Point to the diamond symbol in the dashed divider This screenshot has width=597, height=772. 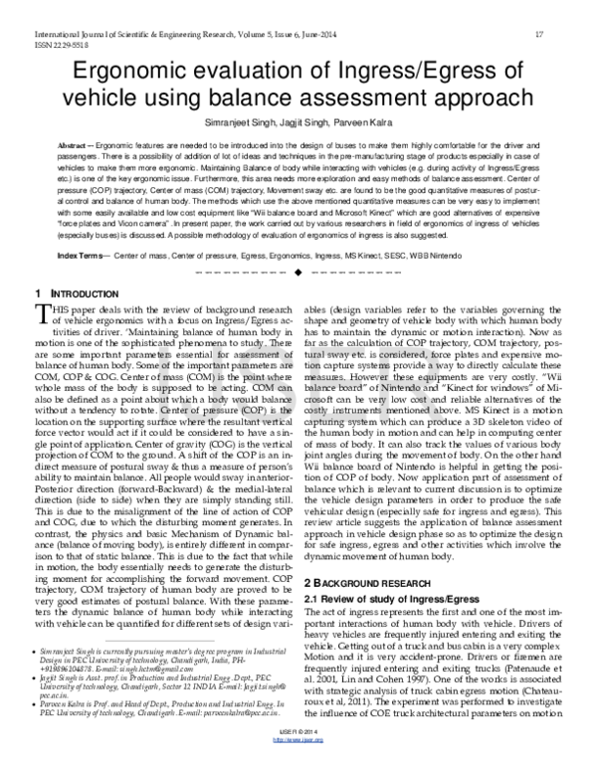point(297,273)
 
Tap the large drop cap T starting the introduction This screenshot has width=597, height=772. point(42,317)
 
